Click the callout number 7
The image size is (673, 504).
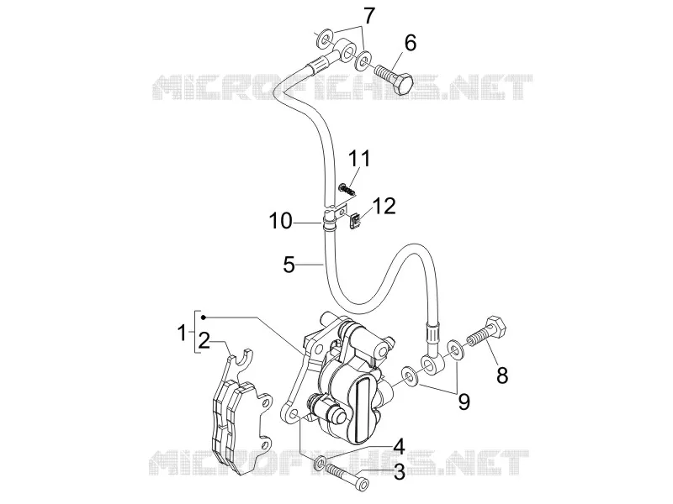click(369, 16)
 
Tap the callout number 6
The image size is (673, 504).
click(411, 44)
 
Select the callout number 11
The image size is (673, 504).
click(358, 159)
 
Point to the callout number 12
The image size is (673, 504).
click(384, 206)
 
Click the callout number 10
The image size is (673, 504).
click(280, 222)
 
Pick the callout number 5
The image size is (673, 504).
click(289, 265)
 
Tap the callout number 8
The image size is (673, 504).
click(502, 375)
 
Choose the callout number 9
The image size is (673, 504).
click(464, 402)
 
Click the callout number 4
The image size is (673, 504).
click(399, 446)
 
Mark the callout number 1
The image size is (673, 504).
click(183, 333)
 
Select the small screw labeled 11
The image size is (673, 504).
click(347, 189)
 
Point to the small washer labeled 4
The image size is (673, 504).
click(321, 463)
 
